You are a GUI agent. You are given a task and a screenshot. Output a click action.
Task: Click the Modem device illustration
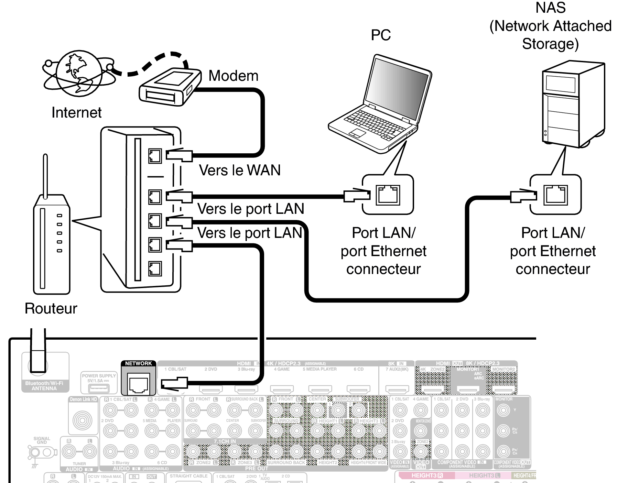point(170,86)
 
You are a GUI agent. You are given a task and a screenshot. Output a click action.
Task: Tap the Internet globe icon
point(79,73)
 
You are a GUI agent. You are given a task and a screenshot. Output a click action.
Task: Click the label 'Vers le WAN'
point(240,170)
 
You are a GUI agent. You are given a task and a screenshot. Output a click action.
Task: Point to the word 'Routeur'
point(51,308)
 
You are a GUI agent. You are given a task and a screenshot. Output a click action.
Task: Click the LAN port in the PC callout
point(388,195)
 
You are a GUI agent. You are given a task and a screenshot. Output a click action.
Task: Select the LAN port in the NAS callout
point(555,195)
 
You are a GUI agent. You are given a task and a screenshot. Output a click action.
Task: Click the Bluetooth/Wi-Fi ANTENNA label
point(44,386)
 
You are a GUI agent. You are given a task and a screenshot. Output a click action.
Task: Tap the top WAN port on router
point(155,156)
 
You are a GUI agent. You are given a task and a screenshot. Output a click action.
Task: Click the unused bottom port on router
point(155,268)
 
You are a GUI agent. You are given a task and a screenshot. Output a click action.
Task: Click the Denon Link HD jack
point(83,420)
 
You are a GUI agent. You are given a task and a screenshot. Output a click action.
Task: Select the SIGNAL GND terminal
point(34,452)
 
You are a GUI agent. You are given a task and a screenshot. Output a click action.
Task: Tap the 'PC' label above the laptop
point(381,35)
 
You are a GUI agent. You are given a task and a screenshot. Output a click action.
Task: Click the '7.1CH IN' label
point(225,441)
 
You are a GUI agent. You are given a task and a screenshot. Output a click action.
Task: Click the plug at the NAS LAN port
point(523,196)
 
